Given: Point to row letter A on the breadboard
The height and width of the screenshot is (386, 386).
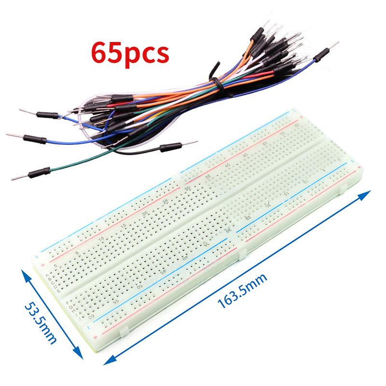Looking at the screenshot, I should tap(47, 276).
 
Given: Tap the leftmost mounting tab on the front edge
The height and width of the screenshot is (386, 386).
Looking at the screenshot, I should tap(124, 331).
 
